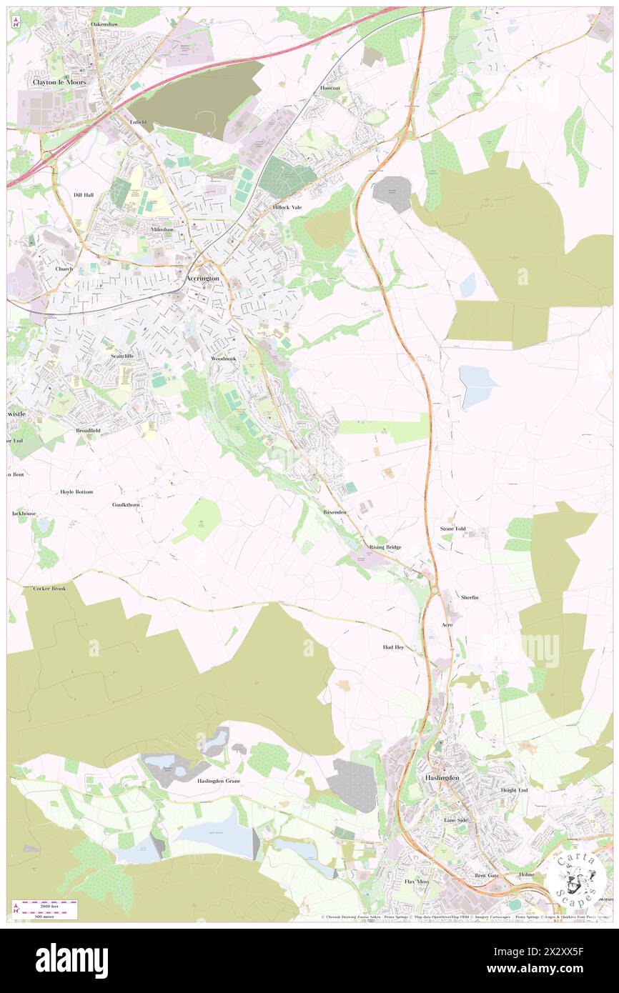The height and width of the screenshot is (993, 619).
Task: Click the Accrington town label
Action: coord(202,278)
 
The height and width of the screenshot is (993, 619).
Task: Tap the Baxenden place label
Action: coord(335,512)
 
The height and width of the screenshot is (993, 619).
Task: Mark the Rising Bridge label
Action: coord(385,547)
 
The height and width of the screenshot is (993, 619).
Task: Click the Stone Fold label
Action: coord(452,529)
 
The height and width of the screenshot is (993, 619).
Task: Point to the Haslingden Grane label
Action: coord(219,781)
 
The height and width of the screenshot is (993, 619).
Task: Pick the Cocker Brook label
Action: coord(49,589)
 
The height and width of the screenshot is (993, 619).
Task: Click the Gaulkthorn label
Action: coord(128,504)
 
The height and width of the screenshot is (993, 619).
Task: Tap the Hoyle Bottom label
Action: coord(76,492)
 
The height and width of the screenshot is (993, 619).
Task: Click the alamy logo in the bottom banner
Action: coord(71,961)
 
